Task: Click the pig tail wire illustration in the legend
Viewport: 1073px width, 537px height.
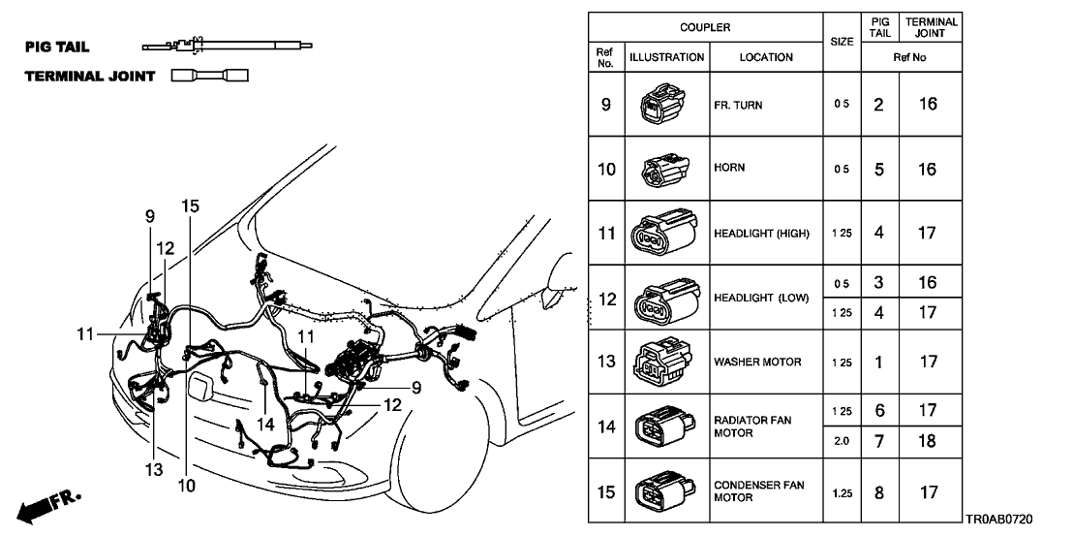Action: click(229, 45)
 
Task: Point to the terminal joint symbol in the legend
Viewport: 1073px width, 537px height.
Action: click(209, 76)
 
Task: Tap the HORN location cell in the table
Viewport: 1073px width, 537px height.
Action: click(765, 169)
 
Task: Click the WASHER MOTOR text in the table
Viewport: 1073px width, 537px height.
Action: click(757, 363)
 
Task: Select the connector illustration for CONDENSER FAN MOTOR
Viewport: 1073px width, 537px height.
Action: click(664, 491)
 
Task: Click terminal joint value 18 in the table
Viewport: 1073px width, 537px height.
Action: click(928, 441)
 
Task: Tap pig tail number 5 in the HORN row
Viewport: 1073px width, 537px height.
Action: click(878, 169)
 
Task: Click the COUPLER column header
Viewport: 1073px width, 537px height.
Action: click(704, 27)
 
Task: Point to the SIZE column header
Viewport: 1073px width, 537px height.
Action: click(841, 42)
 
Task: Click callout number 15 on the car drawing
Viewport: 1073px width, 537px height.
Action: click(190, 205)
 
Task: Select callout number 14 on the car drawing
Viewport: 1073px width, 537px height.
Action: click(265, 425)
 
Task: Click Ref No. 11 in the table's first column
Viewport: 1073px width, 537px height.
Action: click(606, 234)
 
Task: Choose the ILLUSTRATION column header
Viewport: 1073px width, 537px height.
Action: click(666, 57)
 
